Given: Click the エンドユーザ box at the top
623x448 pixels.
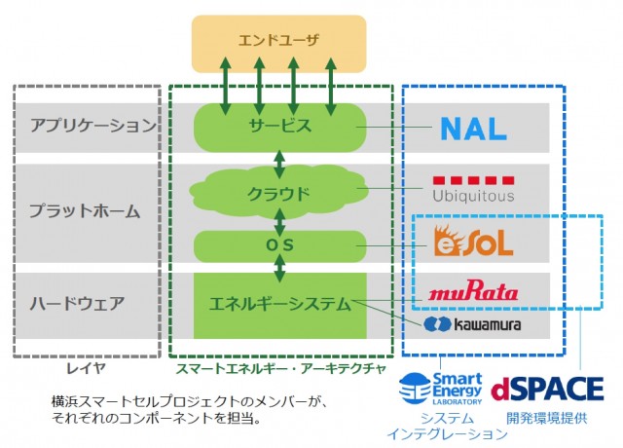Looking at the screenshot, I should coord(278,43).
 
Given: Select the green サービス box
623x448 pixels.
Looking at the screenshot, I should coord(279,126).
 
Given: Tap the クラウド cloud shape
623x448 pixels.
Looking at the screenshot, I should coord(279,193).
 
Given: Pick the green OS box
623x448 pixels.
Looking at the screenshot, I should coord(280,244).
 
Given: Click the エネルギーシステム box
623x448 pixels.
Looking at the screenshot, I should coord(280,304).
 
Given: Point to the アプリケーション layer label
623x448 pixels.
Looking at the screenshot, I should coord(93,126).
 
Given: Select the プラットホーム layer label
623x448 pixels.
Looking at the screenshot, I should coord(86,210).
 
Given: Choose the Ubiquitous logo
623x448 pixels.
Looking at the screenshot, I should coord(473,188).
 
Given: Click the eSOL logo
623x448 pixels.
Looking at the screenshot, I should coord(473,241).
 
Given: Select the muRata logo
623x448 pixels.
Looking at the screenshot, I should coord(473,290).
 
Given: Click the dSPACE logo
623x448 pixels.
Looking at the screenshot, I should coord(547,389).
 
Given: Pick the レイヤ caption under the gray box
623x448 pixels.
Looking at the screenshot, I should coord(85,369).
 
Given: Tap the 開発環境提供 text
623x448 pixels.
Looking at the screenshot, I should coord(546,417).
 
